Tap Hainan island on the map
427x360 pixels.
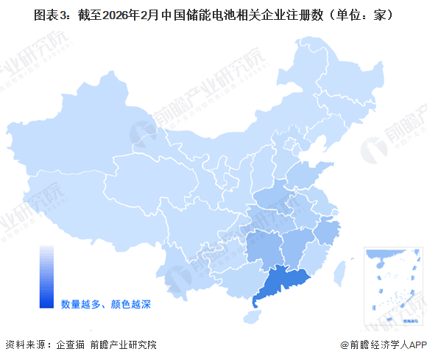(253, 317)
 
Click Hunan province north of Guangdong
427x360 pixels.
(263, 247)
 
